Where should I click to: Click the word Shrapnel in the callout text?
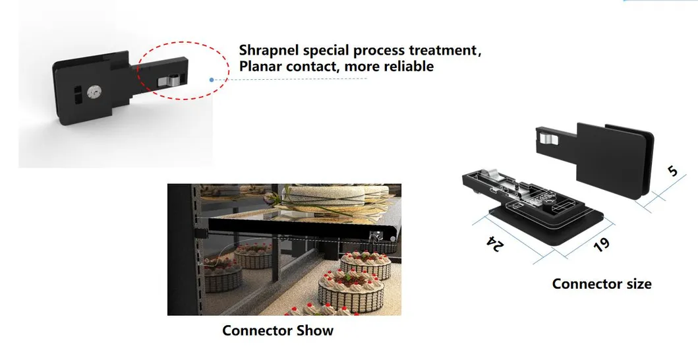[270, 50]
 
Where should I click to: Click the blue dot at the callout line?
[212, 80]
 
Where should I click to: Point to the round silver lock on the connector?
[95, 92]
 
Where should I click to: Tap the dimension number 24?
[494, 243]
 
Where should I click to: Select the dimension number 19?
[601, 243]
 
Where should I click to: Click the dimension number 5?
[672, 171]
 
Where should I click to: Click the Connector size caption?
[601, 284]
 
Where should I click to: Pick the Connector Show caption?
[277, 330]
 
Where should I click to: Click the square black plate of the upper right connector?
[607, 158]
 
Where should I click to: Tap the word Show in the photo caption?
[314, 330]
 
